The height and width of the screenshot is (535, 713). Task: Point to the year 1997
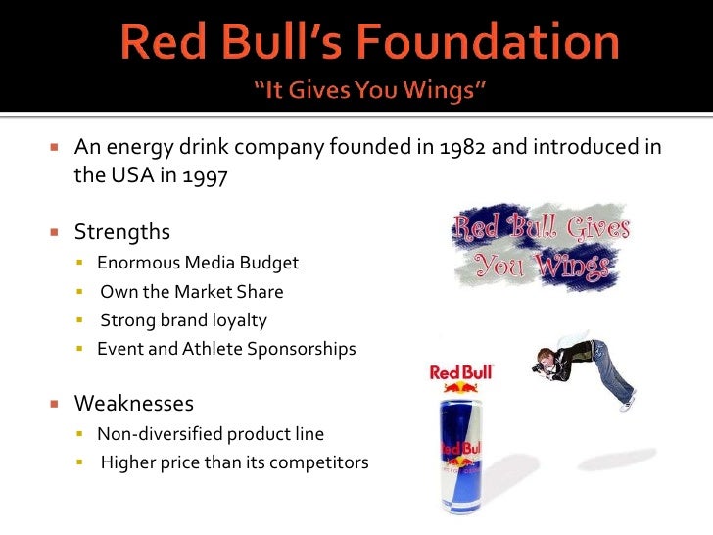pyautogui.click(x=207, y=178)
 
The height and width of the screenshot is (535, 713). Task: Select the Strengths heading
pyautogui.click(x=122, y=232)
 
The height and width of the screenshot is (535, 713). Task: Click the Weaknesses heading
pyautogui.click(x=134, y=403)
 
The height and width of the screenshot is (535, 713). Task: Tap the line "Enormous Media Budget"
pyautogui.click(x=198, y=263)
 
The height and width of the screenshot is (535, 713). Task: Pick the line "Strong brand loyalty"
pyautogui.click(x=183, y=319)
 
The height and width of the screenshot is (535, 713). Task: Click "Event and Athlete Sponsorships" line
pyautogui.click(x=226, y=348)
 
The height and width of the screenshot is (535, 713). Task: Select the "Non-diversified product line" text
pyautogui.click(x=211, y=433)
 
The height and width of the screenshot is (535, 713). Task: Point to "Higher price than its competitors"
pyautogui.click(x=234, y=462)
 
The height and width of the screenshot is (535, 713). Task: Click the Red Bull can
pyautogui.click(x=462, y=451)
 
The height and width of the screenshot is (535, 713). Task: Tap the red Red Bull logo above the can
pyautogui.click(x=462, y=372)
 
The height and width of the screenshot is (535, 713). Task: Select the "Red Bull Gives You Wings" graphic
pyautogui.click(x=542, y=246)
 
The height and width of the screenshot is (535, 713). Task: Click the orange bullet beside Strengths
pyautogui.click(x=56, y=233)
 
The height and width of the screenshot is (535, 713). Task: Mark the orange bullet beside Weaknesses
pyautogui.click(x=56, y=404)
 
